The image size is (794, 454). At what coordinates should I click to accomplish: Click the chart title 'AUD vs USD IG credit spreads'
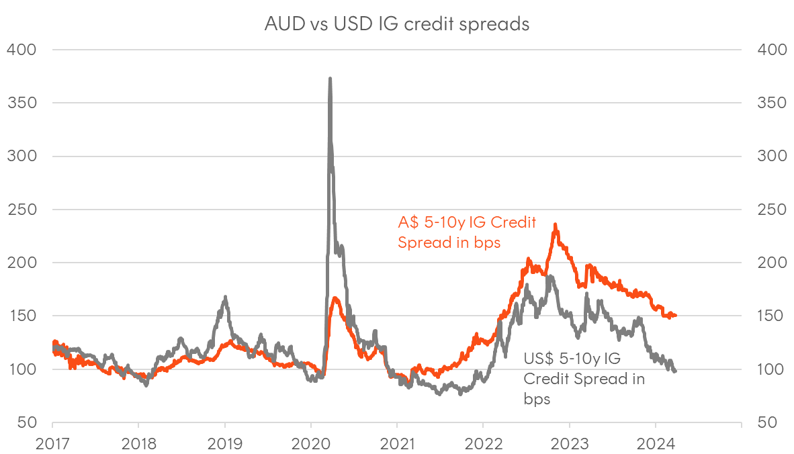[397, 24]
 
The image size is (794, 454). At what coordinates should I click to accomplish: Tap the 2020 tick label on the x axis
[310, 444]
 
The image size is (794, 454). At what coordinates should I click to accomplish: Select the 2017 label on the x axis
[52, 444]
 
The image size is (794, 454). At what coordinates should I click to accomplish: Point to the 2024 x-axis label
[655, 444]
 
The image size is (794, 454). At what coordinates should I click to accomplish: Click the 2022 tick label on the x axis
[482, 444]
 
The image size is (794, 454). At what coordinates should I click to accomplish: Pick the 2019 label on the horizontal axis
[224, 444]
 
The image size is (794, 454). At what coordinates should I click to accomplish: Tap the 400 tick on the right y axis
[770, 50]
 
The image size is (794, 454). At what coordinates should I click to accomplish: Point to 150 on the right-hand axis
[770, 316]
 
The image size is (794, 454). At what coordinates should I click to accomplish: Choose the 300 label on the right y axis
[770, 156]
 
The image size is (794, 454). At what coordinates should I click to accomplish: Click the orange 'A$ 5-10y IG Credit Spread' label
[466, 232]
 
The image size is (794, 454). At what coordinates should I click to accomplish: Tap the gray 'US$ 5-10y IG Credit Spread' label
[583, 378]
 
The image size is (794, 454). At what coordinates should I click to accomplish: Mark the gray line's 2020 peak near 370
[330, 79]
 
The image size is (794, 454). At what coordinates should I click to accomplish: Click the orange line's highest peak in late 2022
[555, 225]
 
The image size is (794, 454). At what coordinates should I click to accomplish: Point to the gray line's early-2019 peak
[225, 297]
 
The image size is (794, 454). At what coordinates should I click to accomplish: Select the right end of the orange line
[675, 316]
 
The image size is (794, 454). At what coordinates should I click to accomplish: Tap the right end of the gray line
[675, 371]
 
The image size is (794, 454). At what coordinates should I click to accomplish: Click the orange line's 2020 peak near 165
[335, 298]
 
